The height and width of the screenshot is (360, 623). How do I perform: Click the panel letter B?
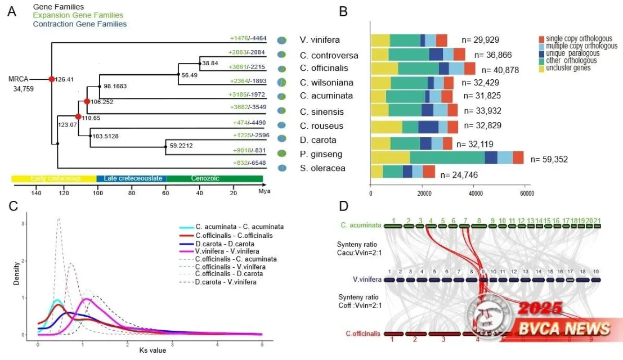(343, 11)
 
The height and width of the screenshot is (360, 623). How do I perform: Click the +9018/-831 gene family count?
(248, 150)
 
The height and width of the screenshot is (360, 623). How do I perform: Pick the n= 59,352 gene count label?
(549, 159)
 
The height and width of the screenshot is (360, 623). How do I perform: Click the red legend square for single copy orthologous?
(542, 39)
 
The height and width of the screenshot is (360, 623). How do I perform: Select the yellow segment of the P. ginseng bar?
(390, 157)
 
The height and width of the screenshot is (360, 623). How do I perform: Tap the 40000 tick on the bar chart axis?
(476, 193)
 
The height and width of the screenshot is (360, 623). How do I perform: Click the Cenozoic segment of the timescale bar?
(214, 178)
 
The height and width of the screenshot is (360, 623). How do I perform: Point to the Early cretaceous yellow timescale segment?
(54, 178)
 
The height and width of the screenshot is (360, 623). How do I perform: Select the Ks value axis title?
(154, 350)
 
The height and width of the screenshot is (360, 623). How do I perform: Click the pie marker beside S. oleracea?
(283, 168)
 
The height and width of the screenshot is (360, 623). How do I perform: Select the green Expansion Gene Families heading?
(78, 15)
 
